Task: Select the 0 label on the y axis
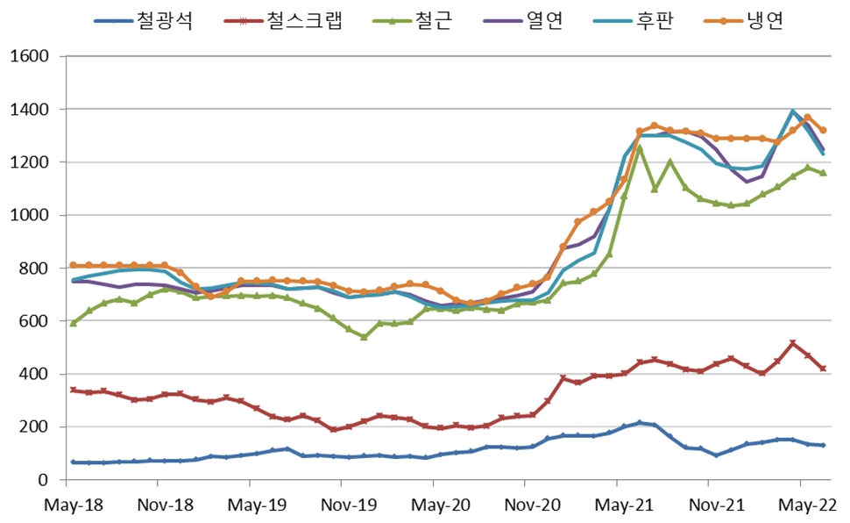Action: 40,480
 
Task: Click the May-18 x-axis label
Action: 66,505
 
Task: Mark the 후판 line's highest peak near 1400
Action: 793,111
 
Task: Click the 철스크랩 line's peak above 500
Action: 793,344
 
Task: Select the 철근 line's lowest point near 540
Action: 364,337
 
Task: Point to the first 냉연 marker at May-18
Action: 73,265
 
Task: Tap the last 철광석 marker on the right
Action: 824,446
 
